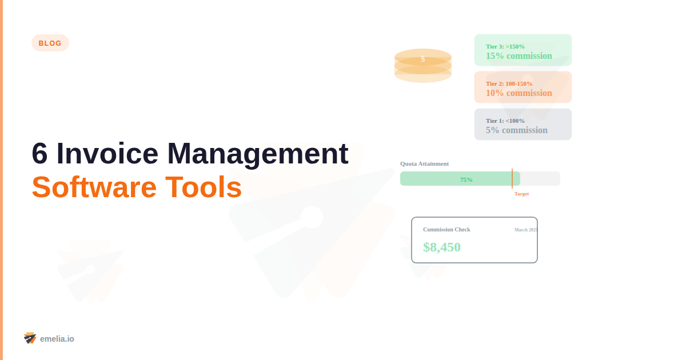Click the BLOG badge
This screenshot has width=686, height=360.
click(50, 43)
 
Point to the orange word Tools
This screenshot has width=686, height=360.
click(204, 187)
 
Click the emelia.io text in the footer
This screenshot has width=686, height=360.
click(57, 339)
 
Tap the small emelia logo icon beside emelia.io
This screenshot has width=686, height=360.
click(30, 338)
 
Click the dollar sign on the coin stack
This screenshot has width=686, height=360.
click(423, 59)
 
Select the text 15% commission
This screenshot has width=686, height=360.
click(519, 56)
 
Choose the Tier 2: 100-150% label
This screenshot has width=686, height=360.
click(509, 83)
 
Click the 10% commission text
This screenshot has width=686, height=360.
click(519, 93)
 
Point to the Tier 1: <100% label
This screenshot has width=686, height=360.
click(505, 121)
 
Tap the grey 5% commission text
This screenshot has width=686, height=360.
click(516, 130)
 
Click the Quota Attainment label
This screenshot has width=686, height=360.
click(424, 163)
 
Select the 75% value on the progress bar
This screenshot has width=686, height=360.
click(466, 179)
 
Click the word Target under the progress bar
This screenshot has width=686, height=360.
click(521, 194)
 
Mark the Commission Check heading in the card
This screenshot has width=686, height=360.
click(446, 230)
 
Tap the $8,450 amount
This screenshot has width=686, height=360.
click(442, 247)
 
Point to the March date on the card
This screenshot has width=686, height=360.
click(525, 230)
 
